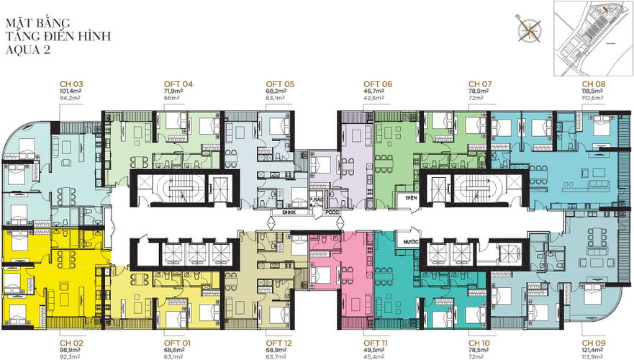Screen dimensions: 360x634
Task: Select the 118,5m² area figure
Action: (x=592, y=92)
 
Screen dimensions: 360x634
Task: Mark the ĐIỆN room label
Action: (x=409, y=197)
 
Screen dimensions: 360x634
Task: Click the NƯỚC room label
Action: (x=411, y=243)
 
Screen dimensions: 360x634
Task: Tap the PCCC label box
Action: (x=332, y=212)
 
